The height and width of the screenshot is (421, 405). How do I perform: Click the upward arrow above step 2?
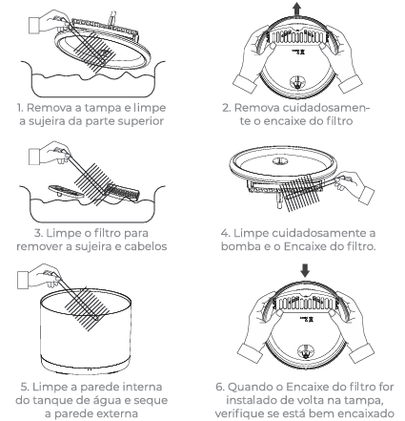[x=296, y=9]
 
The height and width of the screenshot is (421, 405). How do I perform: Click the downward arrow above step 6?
[x=305, y=270]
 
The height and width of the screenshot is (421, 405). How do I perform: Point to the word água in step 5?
[x=111, y=400]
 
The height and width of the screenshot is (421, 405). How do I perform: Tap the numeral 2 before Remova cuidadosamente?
[x=226, y=108]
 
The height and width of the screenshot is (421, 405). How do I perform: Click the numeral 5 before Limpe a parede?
[x=25, y=387]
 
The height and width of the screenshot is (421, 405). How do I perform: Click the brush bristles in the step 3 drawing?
[x=91, y=182]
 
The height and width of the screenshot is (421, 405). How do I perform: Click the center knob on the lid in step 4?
[x=281, y=161]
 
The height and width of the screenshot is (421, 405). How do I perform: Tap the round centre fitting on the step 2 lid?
[x=297, y=82]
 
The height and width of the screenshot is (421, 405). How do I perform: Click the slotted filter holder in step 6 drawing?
[x=305, y=303]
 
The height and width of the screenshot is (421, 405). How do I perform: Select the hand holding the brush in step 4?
[x=354, y=186]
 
